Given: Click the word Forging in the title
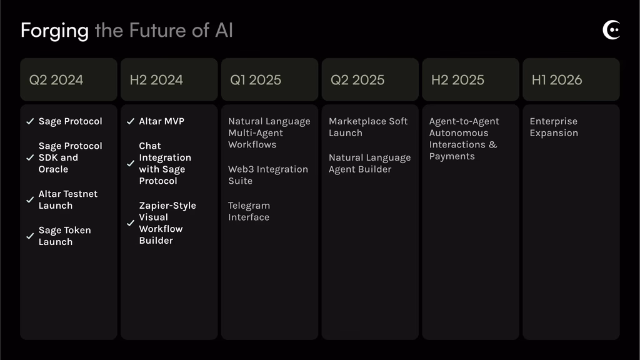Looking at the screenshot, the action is (x=55, y=31).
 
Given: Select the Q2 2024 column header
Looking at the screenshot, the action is (x=56, y=79).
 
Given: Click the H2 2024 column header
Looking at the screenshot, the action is (x=156, y=79).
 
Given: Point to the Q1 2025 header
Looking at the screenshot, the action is (x=256, y=79).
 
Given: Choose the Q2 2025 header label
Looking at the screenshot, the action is (x=357, y=79).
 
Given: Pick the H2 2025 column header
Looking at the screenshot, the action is (x=457, y=79).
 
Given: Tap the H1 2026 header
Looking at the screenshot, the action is (x=557, y=79).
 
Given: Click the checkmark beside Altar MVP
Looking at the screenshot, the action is (x=131, y=121).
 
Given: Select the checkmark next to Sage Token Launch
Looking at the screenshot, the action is (x=30, y=236).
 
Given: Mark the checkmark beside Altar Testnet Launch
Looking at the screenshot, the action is (x=30, y=199).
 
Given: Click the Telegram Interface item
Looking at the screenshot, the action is (x=249, y=211).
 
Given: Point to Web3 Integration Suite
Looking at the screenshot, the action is (x=268, y=175).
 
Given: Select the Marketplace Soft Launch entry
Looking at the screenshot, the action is (x=368, y=127).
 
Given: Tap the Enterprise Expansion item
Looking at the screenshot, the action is (x=554, y=127).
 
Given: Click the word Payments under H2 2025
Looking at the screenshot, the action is (x=452, y=156).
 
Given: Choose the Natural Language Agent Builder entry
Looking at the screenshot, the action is (x=370, y=163).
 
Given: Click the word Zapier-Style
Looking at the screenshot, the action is (x=167, y=205).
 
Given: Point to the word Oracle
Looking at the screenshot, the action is (x=53, y=169).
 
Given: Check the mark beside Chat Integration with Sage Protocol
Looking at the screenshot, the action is (x=131, y=163).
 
